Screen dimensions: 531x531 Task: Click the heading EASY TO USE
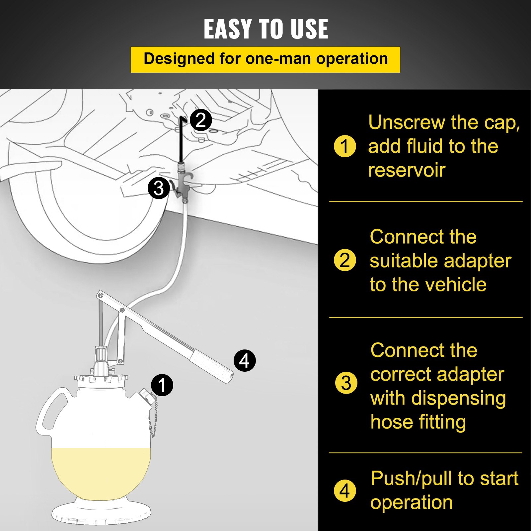266,29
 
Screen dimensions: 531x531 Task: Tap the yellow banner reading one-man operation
265,59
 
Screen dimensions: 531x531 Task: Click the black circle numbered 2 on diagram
201,120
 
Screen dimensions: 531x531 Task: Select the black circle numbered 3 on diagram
159,188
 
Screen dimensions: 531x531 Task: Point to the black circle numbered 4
245,360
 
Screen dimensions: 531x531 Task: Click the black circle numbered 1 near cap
162,385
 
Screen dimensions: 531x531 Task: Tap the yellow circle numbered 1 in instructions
345,146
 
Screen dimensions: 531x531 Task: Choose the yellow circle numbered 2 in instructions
345,260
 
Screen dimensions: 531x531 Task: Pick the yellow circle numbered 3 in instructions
346,383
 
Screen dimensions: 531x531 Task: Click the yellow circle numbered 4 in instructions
345,491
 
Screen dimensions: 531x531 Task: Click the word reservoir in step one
407,171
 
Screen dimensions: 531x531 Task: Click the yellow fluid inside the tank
100,471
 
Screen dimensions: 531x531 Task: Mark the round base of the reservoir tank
101,513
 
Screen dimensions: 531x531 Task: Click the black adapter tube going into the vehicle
181,139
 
